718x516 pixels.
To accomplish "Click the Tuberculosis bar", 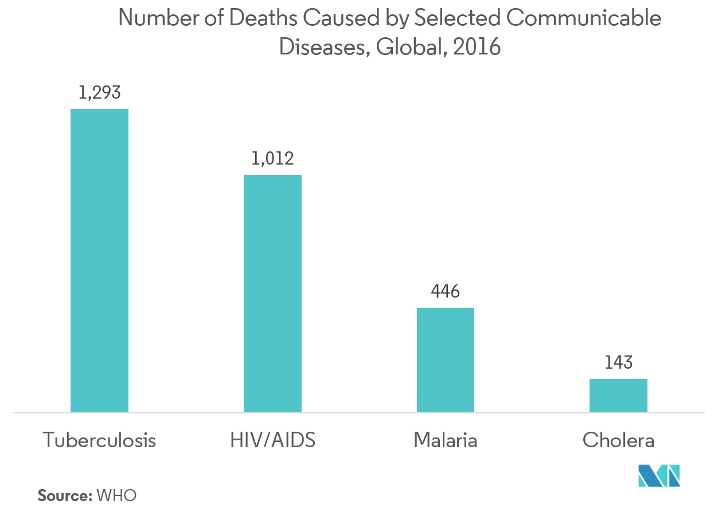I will click(99, 260).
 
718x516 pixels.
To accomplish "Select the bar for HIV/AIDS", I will click(272, 293).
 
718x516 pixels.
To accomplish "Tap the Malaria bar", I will click(446, 359).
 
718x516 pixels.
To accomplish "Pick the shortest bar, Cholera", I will click(618, 395).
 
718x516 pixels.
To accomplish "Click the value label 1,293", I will click(99, 93).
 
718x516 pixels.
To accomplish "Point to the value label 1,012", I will click(272, 158).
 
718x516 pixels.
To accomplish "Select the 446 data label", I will click(446, 292).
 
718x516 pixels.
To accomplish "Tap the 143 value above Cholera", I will click(618, 363).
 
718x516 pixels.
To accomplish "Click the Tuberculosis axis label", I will click(99, 441).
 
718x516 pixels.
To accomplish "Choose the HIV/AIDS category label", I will click(272, 441).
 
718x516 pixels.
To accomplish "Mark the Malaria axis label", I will click(446, 441).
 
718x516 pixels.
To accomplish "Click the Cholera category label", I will click(618, 441).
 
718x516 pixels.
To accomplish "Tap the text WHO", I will click(117, 496).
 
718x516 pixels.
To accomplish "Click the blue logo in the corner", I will click(659, 475).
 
